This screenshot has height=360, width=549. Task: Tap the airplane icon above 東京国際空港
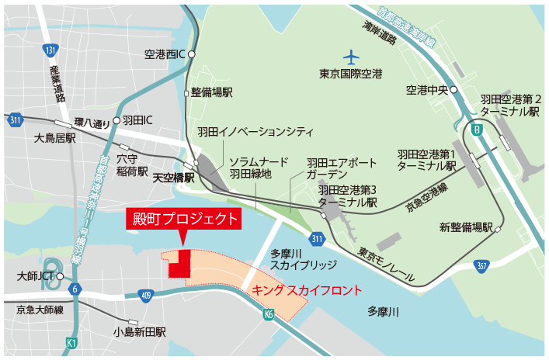[352, 57]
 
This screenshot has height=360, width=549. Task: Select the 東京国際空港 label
[351, 74]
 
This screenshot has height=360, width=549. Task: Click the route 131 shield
[50, 50]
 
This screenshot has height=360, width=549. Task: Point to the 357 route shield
[481, 266]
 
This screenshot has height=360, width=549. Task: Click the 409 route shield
[146, 295]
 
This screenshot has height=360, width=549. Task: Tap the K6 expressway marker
[269, 315]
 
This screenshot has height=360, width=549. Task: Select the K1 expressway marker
[71, 342]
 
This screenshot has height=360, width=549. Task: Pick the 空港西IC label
[163, 54]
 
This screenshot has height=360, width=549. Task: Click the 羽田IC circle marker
[117, 120]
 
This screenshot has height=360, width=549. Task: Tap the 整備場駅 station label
[212, 92]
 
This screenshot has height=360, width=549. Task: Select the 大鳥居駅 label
[55, 139]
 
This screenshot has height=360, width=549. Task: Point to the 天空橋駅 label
[172, 178]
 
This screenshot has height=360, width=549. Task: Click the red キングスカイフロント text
[308, 291]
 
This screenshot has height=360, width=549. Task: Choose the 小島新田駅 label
[139, 332]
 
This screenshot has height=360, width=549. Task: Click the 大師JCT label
[35, 275]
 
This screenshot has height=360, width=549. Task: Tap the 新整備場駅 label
[467, 227]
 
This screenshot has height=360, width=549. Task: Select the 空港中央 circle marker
[454, 89]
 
